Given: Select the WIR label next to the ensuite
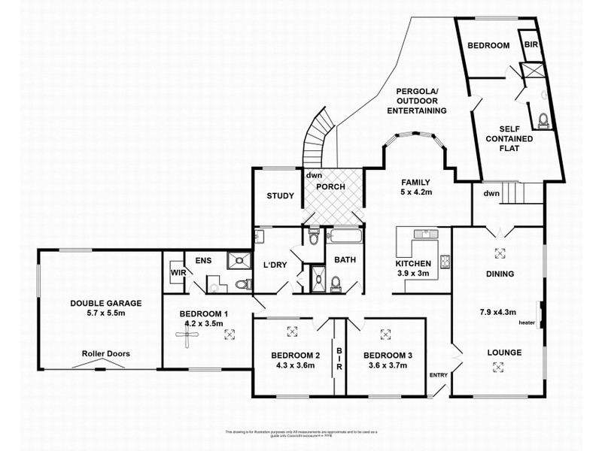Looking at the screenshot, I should click(178, 273).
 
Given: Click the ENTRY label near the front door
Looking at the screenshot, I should click(437, 375).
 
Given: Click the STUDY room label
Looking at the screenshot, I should click(280, 197).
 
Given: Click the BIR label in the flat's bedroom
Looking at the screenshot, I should click(531, 44).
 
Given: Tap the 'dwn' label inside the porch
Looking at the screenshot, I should click(313, 176).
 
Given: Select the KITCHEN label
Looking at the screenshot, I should click(414, 264).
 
